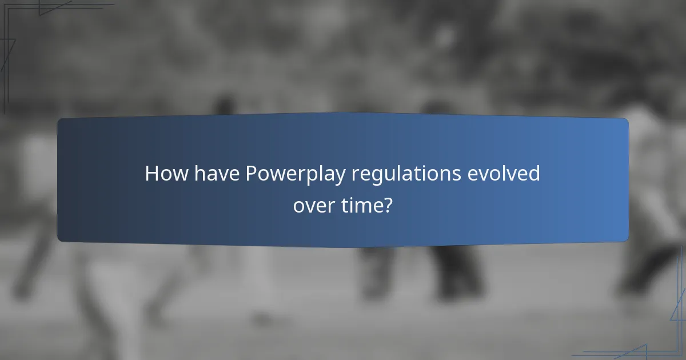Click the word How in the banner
click(164, 174)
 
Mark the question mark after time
click(388, 204)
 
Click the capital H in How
click(151, 174)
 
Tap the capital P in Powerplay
click(251, 174)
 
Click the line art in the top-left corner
click(34, 23)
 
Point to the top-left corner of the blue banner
click(59, 120)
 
